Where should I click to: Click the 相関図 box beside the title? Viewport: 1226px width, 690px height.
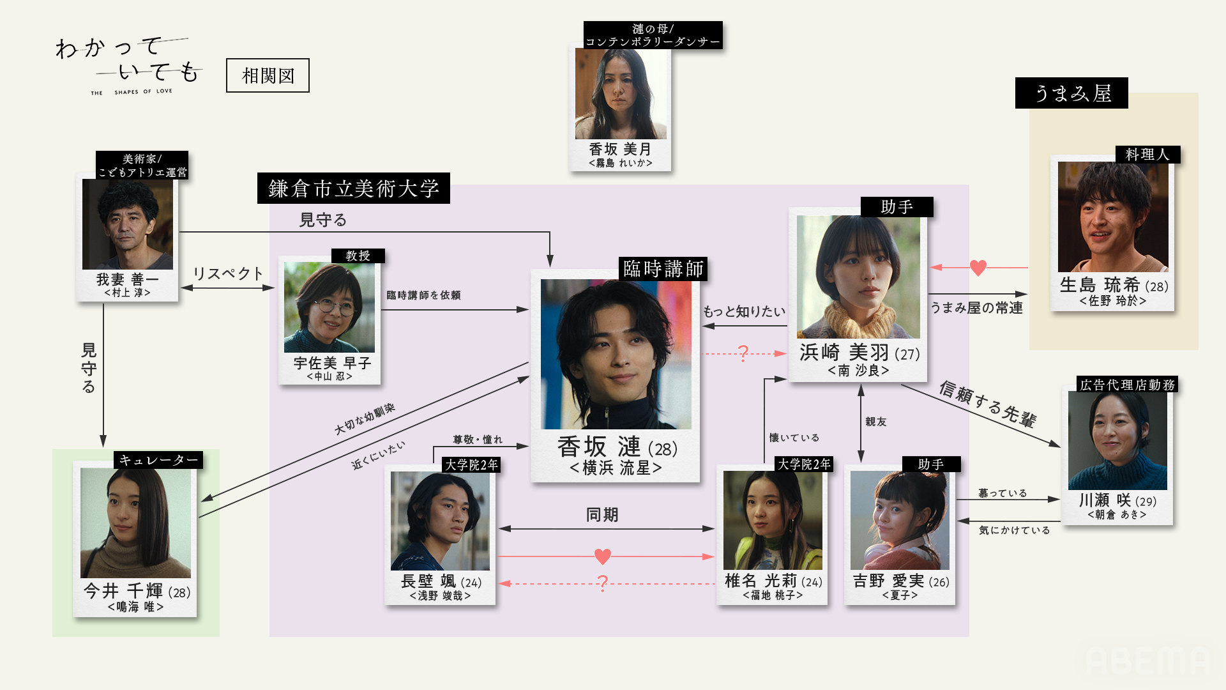(268, 75)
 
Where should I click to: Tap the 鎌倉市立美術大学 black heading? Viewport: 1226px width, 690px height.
(353, 188)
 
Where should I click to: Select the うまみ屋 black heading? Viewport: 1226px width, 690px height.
(1071, 93)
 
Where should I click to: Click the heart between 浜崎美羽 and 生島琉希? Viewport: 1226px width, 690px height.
(978, 268)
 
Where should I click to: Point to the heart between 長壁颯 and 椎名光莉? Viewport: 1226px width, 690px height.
(602, 556)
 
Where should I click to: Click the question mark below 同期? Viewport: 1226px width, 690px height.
(602, 583)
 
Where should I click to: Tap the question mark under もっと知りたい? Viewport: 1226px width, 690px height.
(743, 353)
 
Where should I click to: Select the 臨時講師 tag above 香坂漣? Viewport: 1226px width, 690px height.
(663, 269)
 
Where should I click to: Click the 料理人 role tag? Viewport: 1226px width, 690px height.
(1147, 155)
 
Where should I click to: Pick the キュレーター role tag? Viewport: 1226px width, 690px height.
(158, 460)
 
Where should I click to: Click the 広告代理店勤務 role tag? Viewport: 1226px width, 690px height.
(1127, 385)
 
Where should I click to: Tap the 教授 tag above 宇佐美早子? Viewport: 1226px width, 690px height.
(358, 256)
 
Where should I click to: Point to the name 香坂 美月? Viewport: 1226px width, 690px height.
(619, 149)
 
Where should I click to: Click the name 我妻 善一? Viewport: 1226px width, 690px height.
(127, 279)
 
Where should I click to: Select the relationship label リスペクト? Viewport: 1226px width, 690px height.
(228, 273)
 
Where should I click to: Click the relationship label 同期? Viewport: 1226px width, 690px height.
(602, 515)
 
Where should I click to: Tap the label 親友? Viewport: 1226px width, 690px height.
(875, 422)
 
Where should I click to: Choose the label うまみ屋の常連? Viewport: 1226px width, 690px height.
(976, 308)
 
